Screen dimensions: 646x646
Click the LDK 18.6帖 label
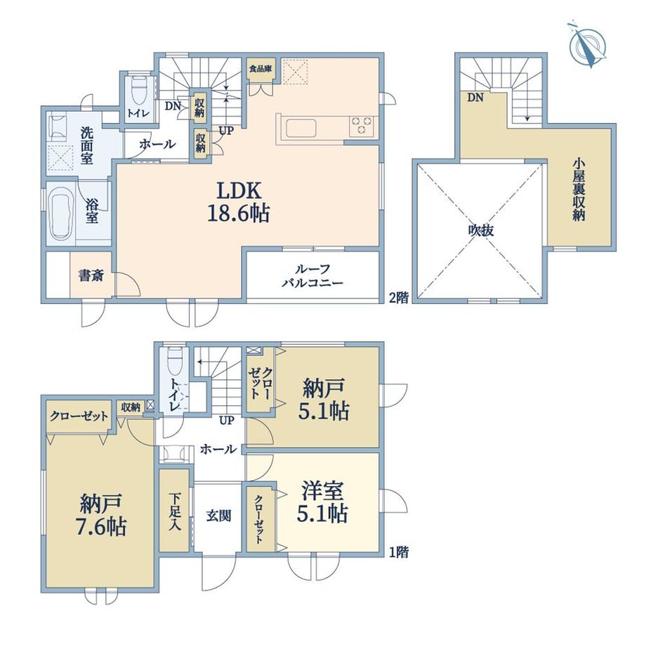pyautogui.click(x=239, y=202)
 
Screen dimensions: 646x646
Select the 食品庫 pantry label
pyautogui.click(x=260, y=69)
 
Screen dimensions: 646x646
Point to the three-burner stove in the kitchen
pyautogui.click(x=362, y=126)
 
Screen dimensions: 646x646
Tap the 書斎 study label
pyautogui.click(x=91, y=276)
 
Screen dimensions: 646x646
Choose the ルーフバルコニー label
pyautogui.click(x=312, y=276)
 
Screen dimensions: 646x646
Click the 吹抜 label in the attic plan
pyautogui.click(x=481, y=231)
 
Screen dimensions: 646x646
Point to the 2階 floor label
pyautogui.click(x=399, y=298)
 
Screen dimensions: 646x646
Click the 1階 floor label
pyautogui.click(x=399, y=552)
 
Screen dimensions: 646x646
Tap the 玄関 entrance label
pyautogui.click(x=218, y=516)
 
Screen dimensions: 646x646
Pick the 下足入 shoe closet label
pyautogui.click(x=175, y=512)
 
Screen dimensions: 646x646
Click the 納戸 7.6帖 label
pyautogui.click(x=101, y=515)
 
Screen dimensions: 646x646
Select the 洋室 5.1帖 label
pyautogui.click(x=322, y=502)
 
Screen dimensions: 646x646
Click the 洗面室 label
pyautogui.click(x=86, y=146)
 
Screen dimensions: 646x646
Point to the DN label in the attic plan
pyautogui.click(x=475, y=98)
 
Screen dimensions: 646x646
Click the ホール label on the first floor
pyautogui.click(x=218, y=449)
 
